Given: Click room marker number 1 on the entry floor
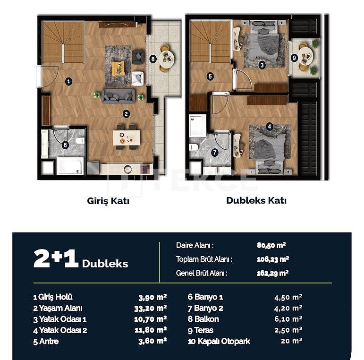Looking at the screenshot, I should click(x=69, y=81).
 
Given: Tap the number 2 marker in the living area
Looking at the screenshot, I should click(x=126, y=113).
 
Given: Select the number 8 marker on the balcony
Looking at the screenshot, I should click(x=152, y=59).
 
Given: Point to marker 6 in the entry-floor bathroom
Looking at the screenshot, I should click(x=65, y=146).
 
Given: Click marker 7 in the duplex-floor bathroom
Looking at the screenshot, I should click(x=215, y=152).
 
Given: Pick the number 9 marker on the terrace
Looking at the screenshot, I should click(x=294, y=58).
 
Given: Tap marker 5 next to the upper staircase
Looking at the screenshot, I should click(x=210, y=76).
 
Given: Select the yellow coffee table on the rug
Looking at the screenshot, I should click(x=118, y=68).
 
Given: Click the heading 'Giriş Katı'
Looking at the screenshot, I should click(x=108, y=201).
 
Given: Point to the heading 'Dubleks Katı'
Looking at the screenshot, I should click(x=256, y=200).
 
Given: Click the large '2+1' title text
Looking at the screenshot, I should click(x=56, y=259).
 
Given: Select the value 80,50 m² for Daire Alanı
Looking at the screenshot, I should click(x=271, y=245).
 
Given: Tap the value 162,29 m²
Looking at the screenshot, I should click(x=272, y=273).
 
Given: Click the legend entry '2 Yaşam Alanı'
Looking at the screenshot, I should click(x=58, y=308).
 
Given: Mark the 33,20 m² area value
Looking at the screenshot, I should click(x=152, y=308).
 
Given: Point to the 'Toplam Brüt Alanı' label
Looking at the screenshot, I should click(x=204, y=259).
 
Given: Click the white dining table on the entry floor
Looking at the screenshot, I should click(x=126, y=138).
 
